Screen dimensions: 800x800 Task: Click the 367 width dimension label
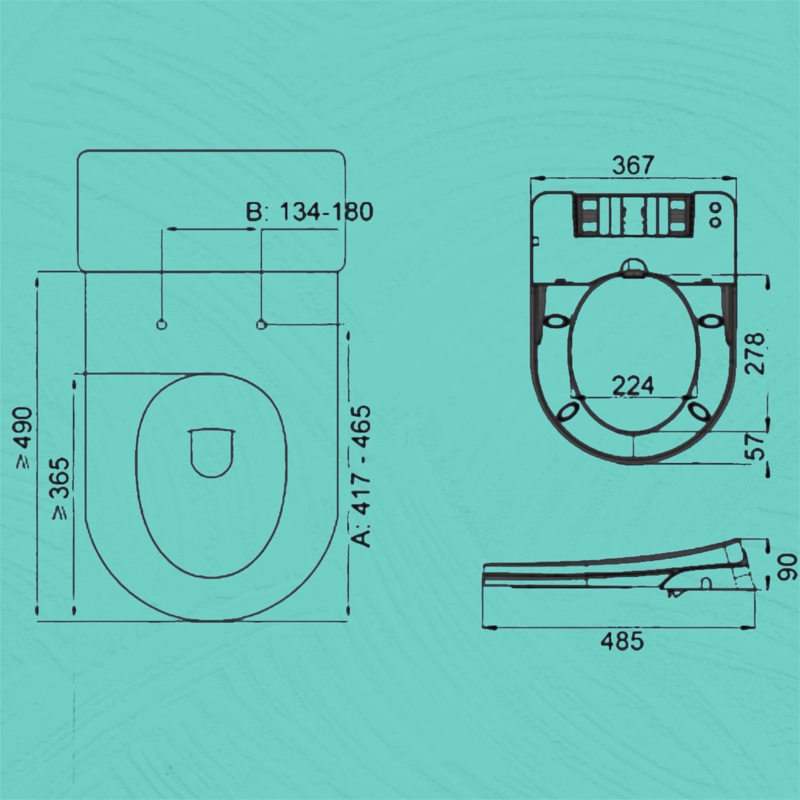pos(633,165)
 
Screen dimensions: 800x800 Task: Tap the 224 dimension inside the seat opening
pos(633,384)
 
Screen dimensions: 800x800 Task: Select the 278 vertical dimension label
pos(755,354)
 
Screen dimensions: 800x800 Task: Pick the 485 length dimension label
pos(622,641)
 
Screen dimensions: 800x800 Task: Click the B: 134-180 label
pos(309,211)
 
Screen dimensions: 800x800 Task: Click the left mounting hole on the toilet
pos(162,324)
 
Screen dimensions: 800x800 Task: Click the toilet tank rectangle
pos(211,210)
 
